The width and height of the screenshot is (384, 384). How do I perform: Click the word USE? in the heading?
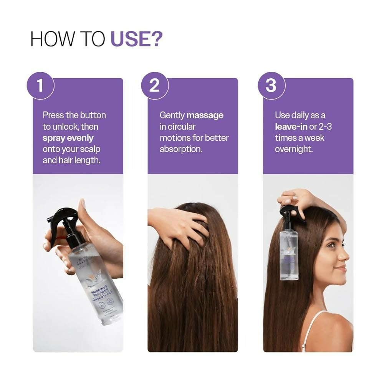coord(136,39)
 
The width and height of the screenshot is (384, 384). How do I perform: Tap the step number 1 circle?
coord(40,86)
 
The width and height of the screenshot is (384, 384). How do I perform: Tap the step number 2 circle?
coord(154,86)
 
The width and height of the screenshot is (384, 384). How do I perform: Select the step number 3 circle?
coord(271,86)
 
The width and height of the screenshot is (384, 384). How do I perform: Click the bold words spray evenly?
coord(68,137)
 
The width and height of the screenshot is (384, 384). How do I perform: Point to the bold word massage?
coord(205,115)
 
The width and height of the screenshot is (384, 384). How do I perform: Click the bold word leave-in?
coord(291,126)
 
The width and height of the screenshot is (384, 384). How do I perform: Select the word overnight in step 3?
coord(294,149)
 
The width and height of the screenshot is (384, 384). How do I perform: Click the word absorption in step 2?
coord(180,149)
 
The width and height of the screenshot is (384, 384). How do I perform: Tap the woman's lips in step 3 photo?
coord(343,268)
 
